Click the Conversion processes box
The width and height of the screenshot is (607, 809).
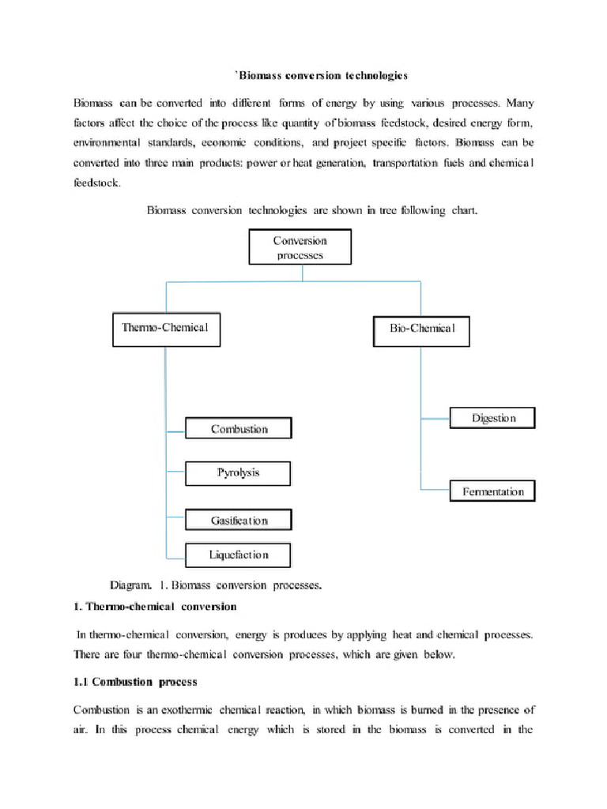pos(300,247)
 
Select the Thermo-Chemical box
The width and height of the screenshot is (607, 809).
pos(166,328)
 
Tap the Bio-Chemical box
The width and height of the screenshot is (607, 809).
pos(421,329)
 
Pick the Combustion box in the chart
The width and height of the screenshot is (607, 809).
pos(239,429)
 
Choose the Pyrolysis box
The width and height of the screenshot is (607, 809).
pos(239,473)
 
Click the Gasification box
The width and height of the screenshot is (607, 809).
pos(239,521)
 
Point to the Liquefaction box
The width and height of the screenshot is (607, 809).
pos(239,555)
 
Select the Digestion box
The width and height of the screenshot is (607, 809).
pos(492,418)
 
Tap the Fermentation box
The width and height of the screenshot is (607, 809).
pos(492,491)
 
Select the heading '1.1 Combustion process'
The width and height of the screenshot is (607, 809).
pos(135,681)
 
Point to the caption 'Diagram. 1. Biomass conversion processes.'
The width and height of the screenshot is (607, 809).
pos(216,585)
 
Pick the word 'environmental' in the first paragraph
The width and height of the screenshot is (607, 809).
pos(107,143)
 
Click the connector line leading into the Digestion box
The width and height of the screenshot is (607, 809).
pos(435,417)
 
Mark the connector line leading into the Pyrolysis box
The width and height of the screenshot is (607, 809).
pos(175,474)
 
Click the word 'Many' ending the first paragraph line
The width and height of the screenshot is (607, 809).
pos(520,103)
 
